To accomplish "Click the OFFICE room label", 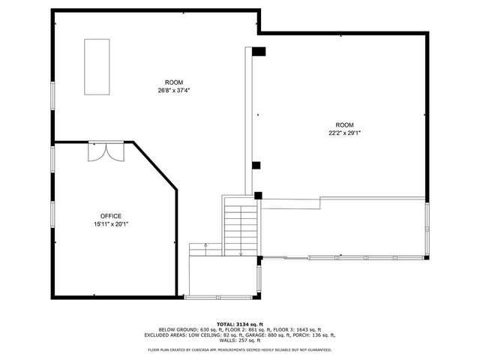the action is click(111, 216).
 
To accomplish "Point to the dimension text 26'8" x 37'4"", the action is click(174, 90).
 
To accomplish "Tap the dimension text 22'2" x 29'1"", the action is click(344, 133).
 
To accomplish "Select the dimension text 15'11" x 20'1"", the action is click(111, 224).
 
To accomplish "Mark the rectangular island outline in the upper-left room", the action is click(97, 67).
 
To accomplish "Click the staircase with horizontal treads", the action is click(241, 226).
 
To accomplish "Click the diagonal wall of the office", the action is click(155, 166).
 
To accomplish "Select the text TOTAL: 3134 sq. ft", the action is click(240, 324).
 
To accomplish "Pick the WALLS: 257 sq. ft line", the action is click(240, 340).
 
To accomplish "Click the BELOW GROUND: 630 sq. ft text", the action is click(190, 330).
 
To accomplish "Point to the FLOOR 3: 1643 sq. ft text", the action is click(297, 330).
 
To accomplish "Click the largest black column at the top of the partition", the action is click(259, 52).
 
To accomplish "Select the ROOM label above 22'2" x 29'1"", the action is click(344, 125).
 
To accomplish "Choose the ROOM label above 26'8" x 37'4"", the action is click(174, 82).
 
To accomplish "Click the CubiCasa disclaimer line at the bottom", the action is click(240, 350).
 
